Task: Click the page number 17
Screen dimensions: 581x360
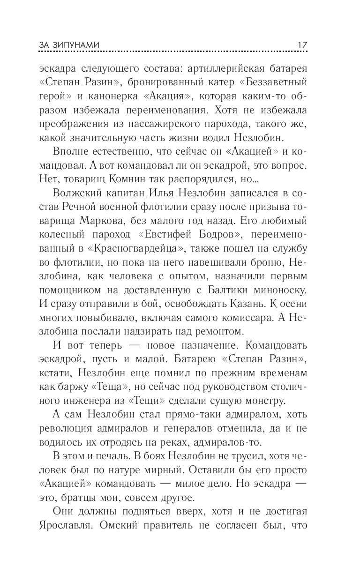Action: click(302, 45)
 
